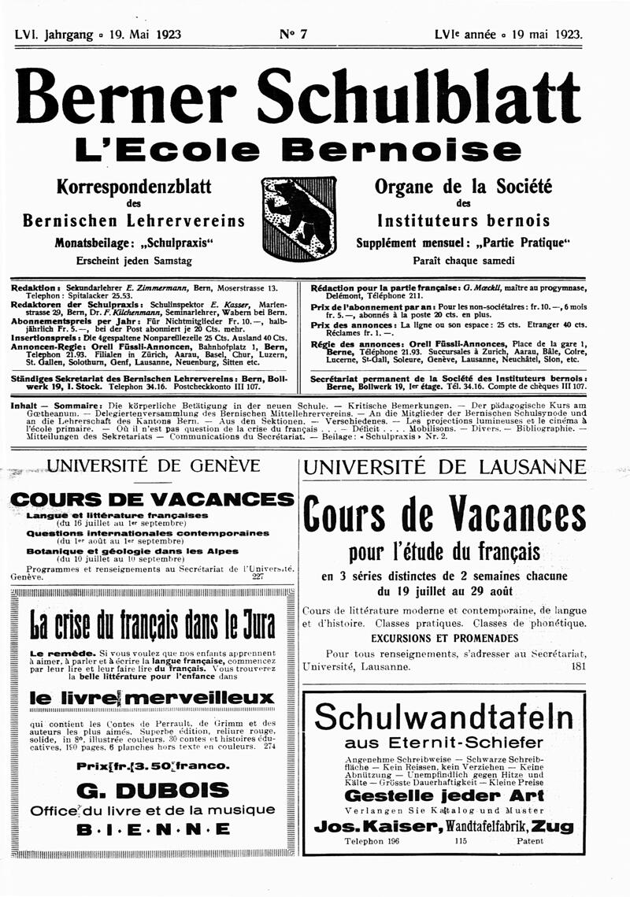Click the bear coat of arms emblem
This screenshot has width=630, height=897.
tap(298, 219)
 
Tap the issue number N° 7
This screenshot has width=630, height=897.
tap(293, 34)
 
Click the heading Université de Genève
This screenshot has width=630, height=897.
tap(154, 465)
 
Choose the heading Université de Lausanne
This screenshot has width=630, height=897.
tap(444, 467)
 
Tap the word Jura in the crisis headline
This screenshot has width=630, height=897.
tap(252, 627)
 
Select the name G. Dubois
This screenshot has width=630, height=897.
tap(154, 790)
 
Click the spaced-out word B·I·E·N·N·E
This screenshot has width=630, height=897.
tap(154, 829)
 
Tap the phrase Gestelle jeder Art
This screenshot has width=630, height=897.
tap(444, 795)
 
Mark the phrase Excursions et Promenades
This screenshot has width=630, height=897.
tap(444, 637)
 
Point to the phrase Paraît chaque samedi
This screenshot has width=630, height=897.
tap(465, 260)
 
